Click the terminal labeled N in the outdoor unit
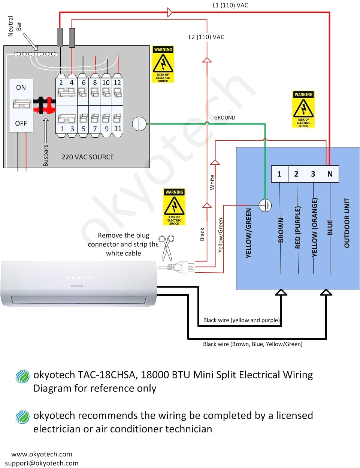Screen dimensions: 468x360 pyautogui.click(x=330, y=174)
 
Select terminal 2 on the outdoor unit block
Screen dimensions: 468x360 pyautogui.click(x=296, y=174)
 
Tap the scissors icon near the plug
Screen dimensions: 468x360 pyautogui.click(x=166, y=247)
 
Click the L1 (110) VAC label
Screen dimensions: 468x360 pyautogui.click(x=230, y=5)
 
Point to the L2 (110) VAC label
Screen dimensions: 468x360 pyautogui.click(x=206, y=37)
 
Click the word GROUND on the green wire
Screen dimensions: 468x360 pyautogui.click(x=224, y=118)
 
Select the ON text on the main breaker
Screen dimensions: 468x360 pyautogui.click(x=21, y=87)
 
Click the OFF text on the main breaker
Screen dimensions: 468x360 pyautogui.click(x=21, y=123)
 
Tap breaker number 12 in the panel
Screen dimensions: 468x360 pyautogui.click(x=117, y=83)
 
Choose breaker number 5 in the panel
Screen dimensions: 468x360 pyautogui.click(x=84, y=129)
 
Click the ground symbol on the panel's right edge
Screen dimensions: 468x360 pyautogui.click(x=139, y=124)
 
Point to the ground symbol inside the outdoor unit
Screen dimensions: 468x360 pyautogui.click(x=265, y=205)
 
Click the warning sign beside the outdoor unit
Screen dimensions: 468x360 pyautogui.click(x=303, y=109)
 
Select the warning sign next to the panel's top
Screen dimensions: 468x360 pyautogui.click(x=163, y=64)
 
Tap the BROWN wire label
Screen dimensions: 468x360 pyautogui.click(x=281, y=230)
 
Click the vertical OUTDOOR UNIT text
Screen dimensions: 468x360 pyautogui.click(x=347, y=223)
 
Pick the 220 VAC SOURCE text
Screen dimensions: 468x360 pyautogui.click(x=88, y=157)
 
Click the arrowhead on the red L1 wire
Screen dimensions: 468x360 pyautogui.click(x=170, y=12)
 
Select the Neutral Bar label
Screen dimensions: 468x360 pyautogui.click(x=15, y=26)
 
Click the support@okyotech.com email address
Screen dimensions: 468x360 pyautogui.click(x=42, y=463)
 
